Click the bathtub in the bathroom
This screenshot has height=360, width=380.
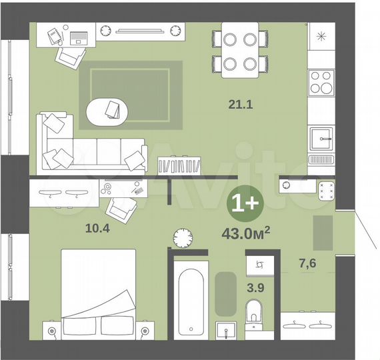(x=189, y=300)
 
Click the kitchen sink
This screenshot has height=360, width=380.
(x=322, y=139)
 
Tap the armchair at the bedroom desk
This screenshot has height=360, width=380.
(x=123, y=210)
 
